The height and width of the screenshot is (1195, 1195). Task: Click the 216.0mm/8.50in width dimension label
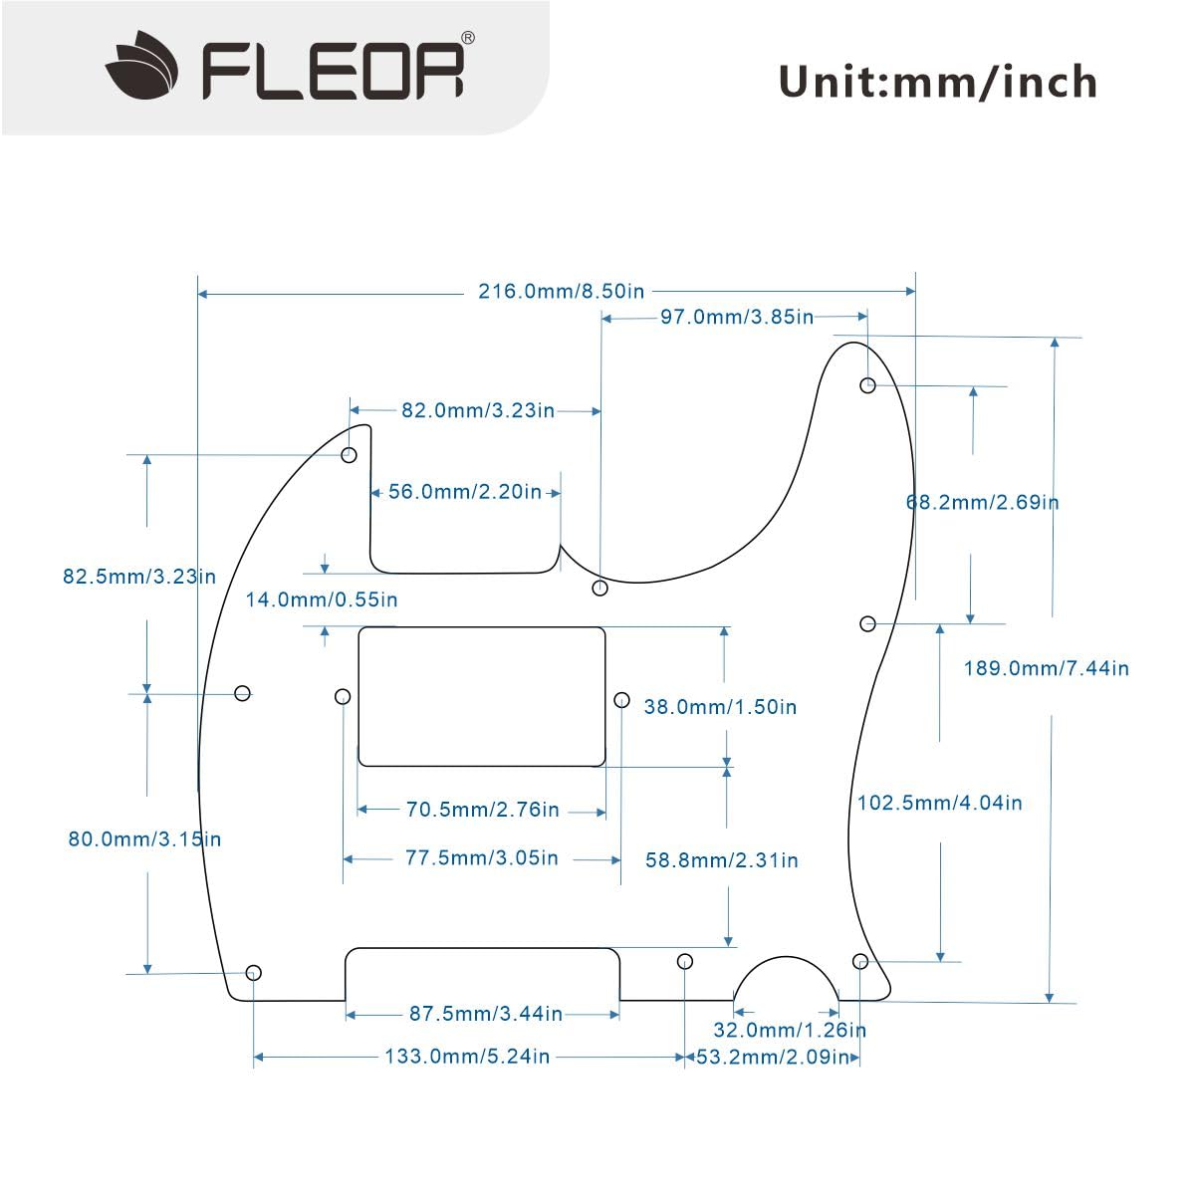point(562,292)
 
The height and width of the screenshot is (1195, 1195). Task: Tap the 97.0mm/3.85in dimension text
point(737,317)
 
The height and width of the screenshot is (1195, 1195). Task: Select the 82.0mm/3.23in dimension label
point(478,410)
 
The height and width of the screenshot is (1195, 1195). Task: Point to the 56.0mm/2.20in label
point(465,492)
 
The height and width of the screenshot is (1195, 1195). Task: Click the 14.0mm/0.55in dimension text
point(322,599)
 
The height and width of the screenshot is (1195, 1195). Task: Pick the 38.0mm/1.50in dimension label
point(720,707)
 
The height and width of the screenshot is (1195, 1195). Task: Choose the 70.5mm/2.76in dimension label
point(483,810)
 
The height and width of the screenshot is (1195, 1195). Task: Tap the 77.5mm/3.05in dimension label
point(482,858)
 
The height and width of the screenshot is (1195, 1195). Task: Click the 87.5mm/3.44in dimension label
point(486,1014)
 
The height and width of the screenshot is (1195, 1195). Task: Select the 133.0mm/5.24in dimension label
point(467,1057)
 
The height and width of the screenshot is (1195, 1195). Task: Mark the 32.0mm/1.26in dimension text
point(790,1030)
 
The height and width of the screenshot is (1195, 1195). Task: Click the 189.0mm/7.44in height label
point(1047,668)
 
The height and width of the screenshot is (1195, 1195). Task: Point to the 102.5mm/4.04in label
point(940,803)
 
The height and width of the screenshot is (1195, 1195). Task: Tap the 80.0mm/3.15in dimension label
point(144,839)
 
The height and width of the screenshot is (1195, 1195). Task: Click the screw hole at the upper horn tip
point(868,385)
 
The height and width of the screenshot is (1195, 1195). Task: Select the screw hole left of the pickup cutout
point(343,696)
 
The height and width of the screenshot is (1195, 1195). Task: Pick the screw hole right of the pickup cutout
point(621,700)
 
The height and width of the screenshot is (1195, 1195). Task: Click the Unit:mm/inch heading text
point(937,82)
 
